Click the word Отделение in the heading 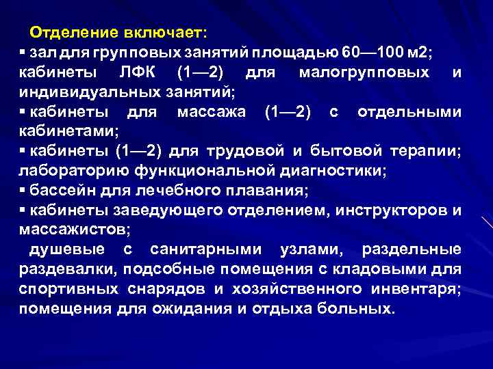tap(73, 33)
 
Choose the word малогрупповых tap(364, 72)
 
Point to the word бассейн tap(58, 189)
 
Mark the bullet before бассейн tap(23, 189)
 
